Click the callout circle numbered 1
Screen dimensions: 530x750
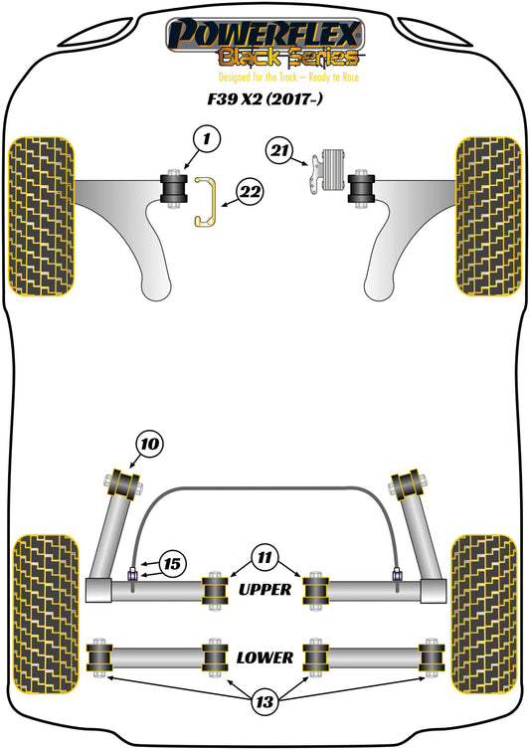206,139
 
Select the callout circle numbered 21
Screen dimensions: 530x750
279,150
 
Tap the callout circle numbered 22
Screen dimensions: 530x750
250,192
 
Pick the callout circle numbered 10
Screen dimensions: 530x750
150,444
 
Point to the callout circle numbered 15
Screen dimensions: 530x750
172,563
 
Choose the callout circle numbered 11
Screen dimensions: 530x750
265,557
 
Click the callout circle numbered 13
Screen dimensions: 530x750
265,701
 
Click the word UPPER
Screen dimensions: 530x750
265,589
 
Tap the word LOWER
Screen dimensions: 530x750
265,657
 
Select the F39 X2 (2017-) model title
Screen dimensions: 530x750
265,99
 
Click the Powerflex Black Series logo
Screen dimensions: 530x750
265,42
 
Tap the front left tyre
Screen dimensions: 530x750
42,216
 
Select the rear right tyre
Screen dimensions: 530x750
484,614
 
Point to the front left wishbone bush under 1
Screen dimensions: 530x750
173,188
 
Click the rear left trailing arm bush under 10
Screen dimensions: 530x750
124,484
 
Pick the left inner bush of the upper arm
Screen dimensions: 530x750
215,591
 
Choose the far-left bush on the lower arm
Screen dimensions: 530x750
99,657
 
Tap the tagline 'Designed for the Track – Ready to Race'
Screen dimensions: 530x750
288,77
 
